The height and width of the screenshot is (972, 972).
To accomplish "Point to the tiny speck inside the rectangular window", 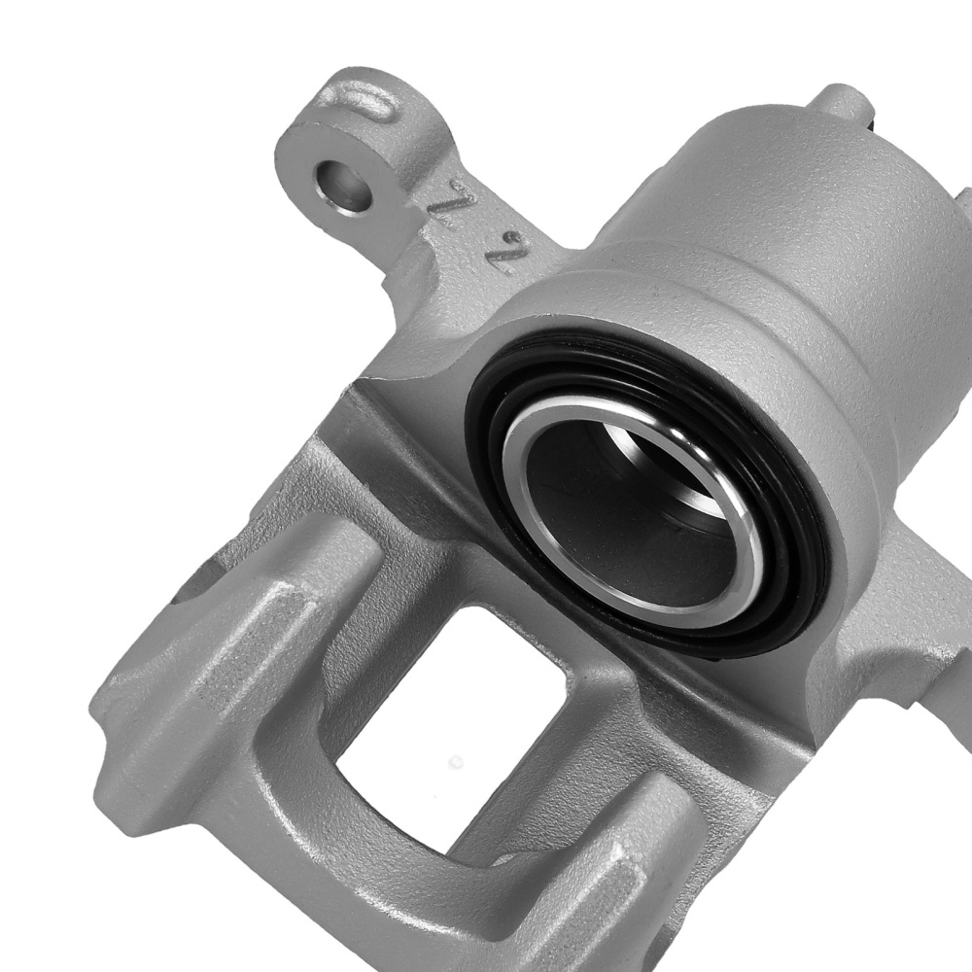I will click(456, 762).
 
